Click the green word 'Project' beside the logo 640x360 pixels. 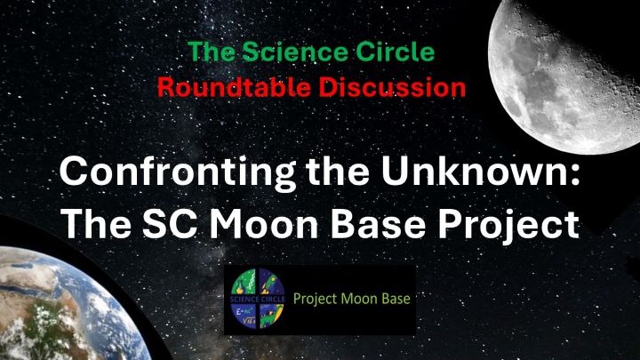(315, 300)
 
